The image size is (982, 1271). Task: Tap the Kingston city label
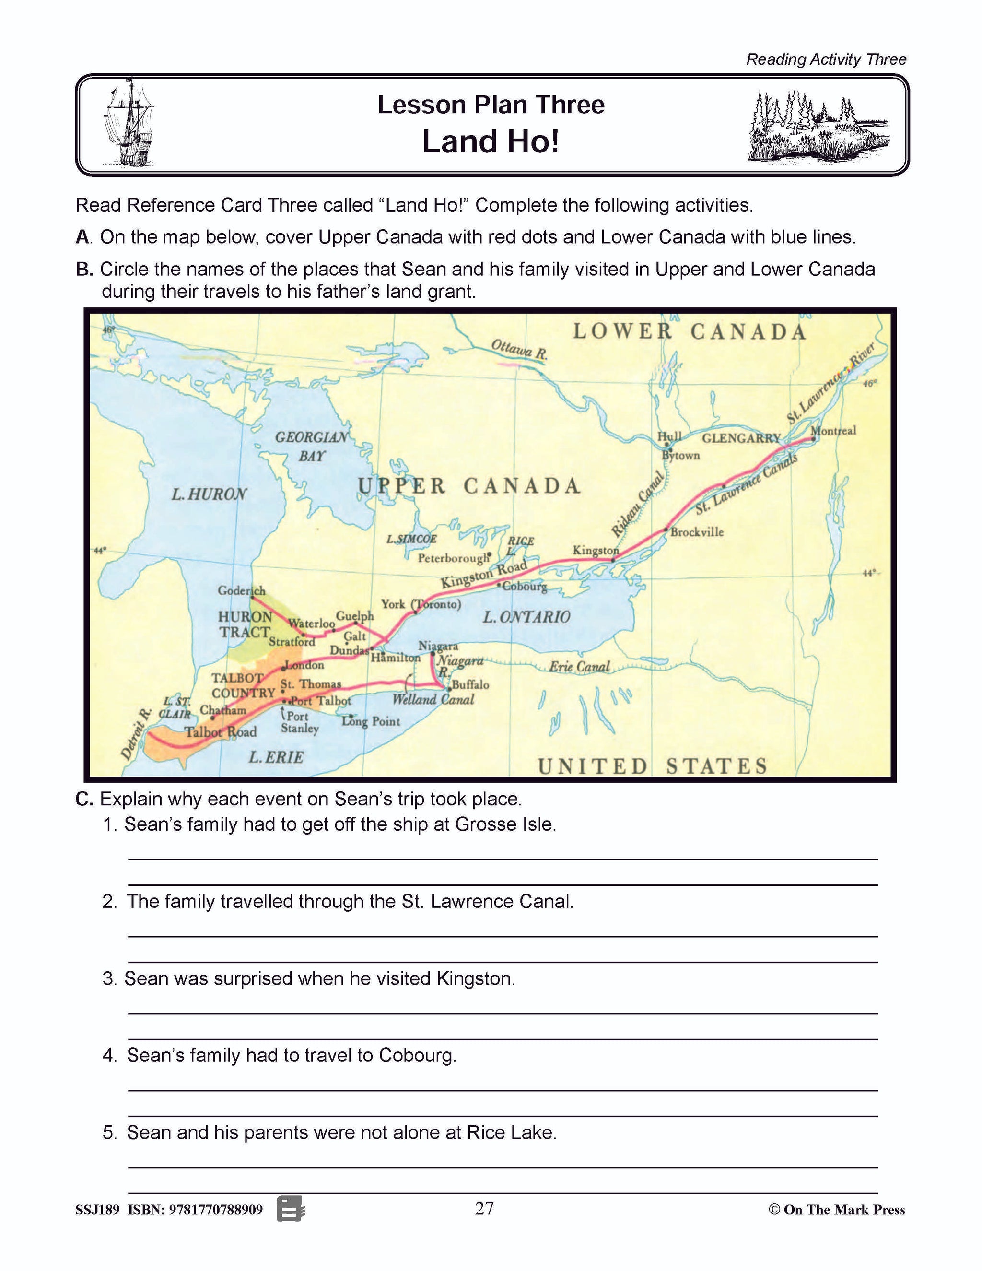click(595, 550)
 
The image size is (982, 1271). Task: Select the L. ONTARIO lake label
click(526, 617)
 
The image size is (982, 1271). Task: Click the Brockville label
click(697, 532)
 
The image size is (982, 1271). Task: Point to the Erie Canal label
click(579, 667)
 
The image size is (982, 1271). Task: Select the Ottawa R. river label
click(519, 349)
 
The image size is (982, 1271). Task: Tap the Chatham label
click(223, 710)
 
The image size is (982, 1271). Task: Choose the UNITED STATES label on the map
click(652, 766)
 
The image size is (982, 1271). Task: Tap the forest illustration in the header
click(818, 125)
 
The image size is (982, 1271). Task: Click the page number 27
click(484, 1208)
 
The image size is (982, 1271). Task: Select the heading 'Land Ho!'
click(491, 141)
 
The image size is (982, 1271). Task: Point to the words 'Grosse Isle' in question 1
click(505, 824)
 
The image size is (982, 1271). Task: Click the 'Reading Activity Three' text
click(826, 59)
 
